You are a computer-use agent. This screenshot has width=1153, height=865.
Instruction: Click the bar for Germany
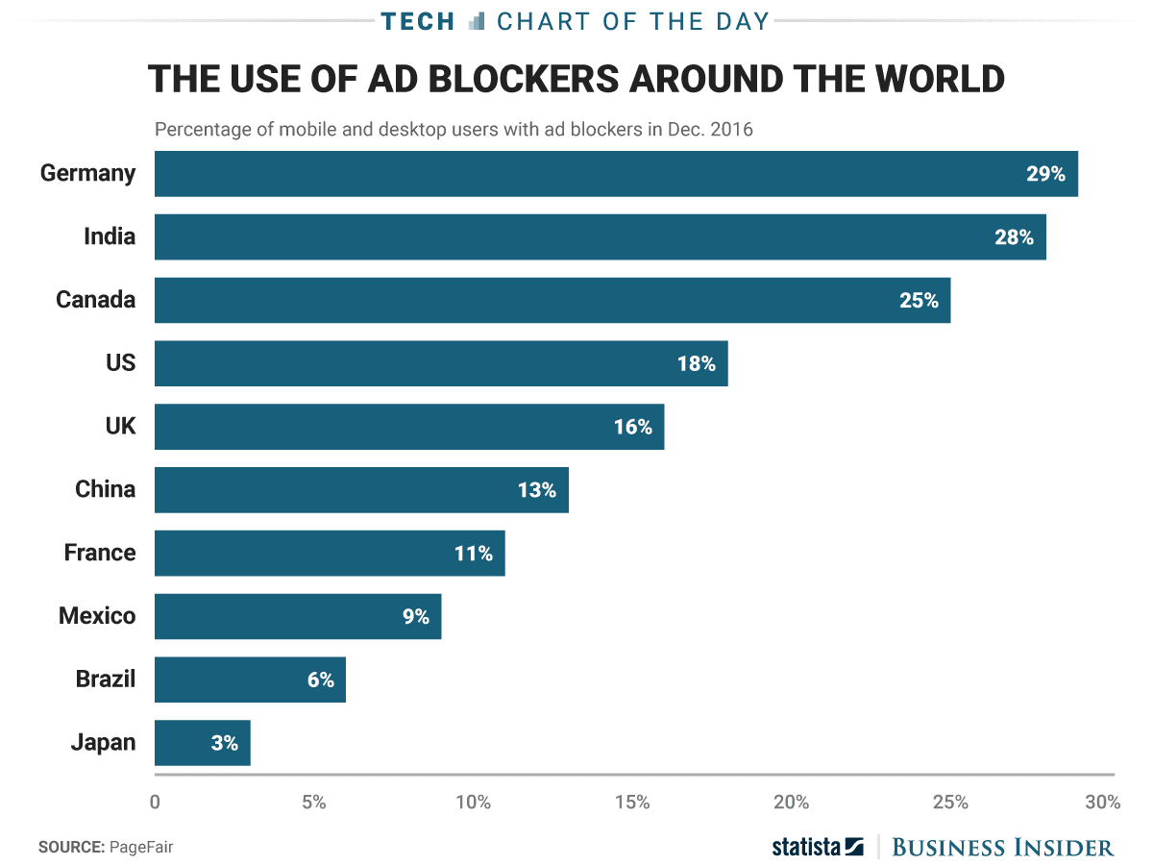[615, 174]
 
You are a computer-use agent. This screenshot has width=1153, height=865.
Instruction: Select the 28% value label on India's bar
[1014, 237]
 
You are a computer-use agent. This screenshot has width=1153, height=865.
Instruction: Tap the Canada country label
[95, 300]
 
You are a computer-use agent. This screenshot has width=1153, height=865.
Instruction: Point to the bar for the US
[441, 363]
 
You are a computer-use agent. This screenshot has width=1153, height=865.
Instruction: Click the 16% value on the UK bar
[632, 427]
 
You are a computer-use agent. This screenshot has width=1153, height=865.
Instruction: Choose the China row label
[105, 489]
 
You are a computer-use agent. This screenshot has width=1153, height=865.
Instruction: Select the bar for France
[330, 553]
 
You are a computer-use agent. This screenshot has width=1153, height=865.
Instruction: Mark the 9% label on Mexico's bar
[416, 616]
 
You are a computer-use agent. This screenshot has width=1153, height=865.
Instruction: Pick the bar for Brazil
[250, 680]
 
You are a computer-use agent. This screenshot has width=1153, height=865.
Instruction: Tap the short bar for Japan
[202, 743]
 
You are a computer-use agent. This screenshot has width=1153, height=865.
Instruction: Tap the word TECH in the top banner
[418, 20]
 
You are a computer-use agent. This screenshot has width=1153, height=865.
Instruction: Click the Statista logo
[818, 847]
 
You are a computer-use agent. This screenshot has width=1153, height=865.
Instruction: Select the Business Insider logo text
[1003, 847]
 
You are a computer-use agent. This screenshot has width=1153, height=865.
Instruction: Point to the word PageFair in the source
[141, 847]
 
